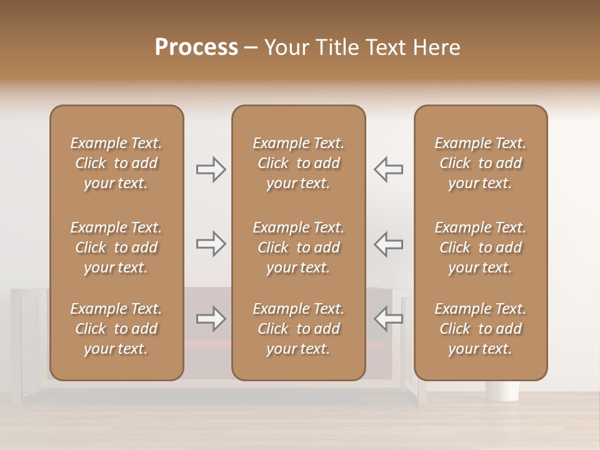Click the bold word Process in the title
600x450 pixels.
196,47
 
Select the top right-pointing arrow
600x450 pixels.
211,169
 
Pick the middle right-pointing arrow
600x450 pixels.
211,244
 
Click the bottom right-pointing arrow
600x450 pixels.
211,319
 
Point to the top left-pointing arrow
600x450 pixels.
388,169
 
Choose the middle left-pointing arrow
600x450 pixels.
388,244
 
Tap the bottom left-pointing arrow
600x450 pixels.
388,319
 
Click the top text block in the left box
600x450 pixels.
116,163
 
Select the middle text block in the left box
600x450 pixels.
116,247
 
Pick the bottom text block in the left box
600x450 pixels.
116,329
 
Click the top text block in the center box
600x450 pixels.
299,163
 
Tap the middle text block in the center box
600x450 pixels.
299,247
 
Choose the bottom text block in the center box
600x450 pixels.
299,329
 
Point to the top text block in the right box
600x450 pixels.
481,163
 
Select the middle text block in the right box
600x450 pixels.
481,247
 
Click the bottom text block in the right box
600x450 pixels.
481,329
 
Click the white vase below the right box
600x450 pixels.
502,391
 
